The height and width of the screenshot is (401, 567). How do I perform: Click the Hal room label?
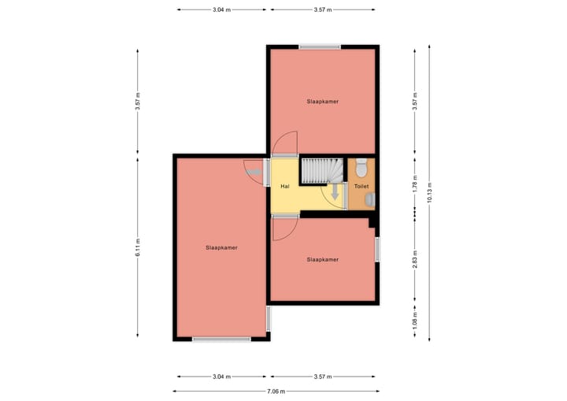click(284, 187)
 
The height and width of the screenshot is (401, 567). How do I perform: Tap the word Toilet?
click(361, 187)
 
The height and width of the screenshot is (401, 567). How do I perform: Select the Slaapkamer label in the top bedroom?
click(323, 102)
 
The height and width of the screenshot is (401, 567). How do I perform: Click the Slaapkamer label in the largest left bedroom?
click(221, 247)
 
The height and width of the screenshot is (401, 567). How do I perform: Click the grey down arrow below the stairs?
click(335, 192)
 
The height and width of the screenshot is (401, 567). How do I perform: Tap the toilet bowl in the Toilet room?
click(361, 168)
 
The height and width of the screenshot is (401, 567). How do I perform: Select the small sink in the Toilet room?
click(370, 200)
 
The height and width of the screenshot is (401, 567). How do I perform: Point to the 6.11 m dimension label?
click(137, 247)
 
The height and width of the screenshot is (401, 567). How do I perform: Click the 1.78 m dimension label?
click(415, 184)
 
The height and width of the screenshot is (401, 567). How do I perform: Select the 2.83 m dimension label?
click(415, 259)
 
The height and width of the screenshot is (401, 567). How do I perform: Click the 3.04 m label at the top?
click(221, 9)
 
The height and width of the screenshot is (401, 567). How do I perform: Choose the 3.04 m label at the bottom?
click(221, 377)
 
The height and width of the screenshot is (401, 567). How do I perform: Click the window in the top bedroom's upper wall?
click(319, 47)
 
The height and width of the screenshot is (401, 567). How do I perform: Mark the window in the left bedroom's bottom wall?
click(221, 339)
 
